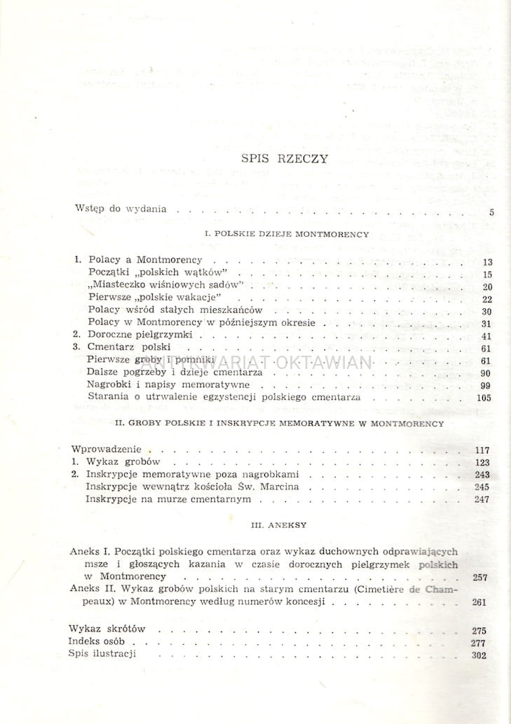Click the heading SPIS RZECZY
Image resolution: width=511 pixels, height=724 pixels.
point(284,158)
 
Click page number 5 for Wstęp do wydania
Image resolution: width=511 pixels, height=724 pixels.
point(491,211)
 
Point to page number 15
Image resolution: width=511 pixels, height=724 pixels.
point(487,274)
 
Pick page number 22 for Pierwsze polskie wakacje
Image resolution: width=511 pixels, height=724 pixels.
point(487,299)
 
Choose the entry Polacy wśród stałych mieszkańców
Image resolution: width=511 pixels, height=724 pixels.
point(175,310)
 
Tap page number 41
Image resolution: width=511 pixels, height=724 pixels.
point(487,336)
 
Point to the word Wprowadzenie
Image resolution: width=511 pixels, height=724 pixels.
point(107,448)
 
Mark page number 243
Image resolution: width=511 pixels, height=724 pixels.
point(482,475)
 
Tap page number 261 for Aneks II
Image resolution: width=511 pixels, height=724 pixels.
point(480,601)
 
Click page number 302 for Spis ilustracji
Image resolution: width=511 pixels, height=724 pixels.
point(479,655)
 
